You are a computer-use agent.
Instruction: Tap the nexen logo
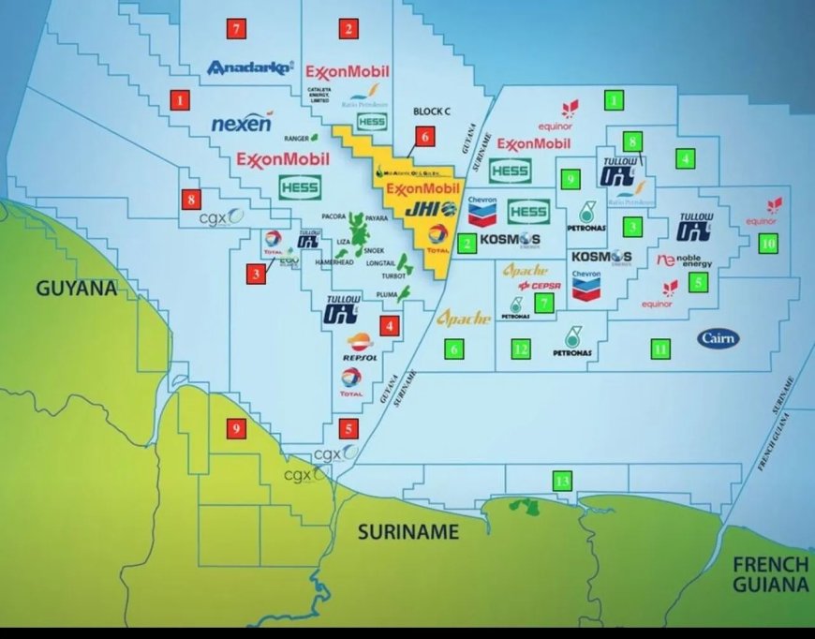[x=242, y=124]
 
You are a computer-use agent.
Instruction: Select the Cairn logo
[x=718, y=337]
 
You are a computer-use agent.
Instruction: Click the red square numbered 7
[x=237, y=29]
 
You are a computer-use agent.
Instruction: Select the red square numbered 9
[x=236, y=429]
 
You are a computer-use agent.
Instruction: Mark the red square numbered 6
[x=424, y=137]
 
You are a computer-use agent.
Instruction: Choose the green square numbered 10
[x=768, y=243]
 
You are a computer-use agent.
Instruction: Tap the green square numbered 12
[x=522, y=349]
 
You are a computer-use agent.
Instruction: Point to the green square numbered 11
[x=660, y=349]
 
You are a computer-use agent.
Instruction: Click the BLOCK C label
[x=432, y=111]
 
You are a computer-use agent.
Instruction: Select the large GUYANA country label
[x=76, y=288]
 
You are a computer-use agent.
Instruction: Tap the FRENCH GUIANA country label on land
[x=770, y=574]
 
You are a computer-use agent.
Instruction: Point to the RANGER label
[x=283, y=137]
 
